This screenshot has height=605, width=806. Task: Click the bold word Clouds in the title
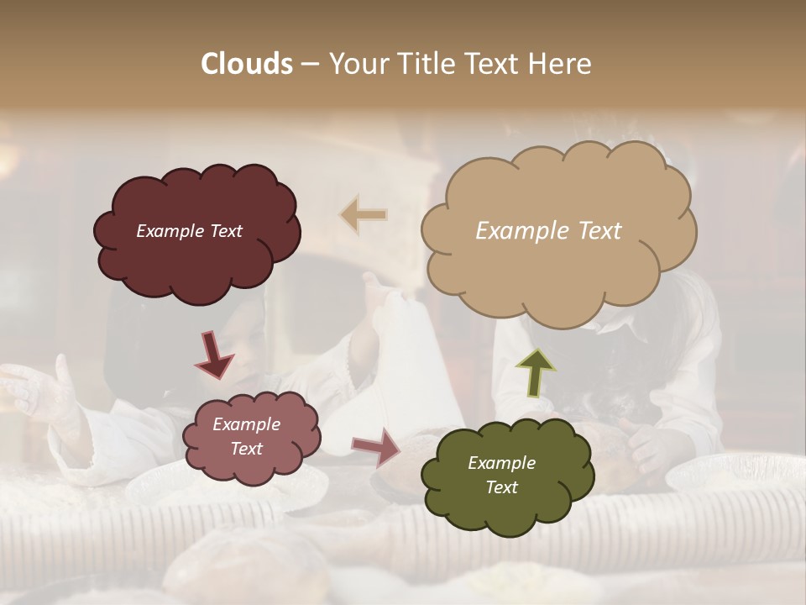(x=246, y=64)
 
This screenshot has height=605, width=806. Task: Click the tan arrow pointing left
(x=363, y=215)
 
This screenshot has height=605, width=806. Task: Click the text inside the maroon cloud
(x=189, y=231)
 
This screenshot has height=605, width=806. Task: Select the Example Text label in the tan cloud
(x=548, y=231)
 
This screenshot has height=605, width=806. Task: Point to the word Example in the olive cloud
(x=501, y=463)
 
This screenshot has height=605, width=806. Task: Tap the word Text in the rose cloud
(x=246, y=449)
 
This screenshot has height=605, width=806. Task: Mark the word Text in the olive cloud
(x=501, y=487)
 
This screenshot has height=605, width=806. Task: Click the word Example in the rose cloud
(x=246, y=424)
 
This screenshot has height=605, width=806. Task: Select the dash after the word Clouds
(x=309, y=64)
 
